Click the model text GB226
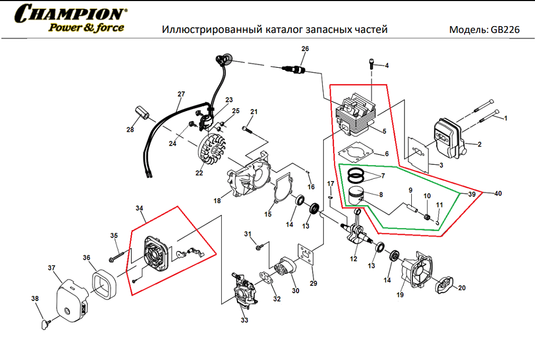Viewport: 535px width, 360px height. [x=505, y=30]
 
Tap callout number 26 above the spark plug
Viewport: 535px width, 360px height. [x=305, y=49]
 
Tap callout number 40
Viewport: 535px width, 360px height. [x=498, y=194]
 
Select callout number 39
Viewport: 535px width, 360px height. [x=471, y=194]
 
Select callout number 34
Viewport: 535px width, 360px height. [x=139, y=208]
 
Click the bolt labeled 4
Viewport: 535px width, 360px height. [x=371, y=64]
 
